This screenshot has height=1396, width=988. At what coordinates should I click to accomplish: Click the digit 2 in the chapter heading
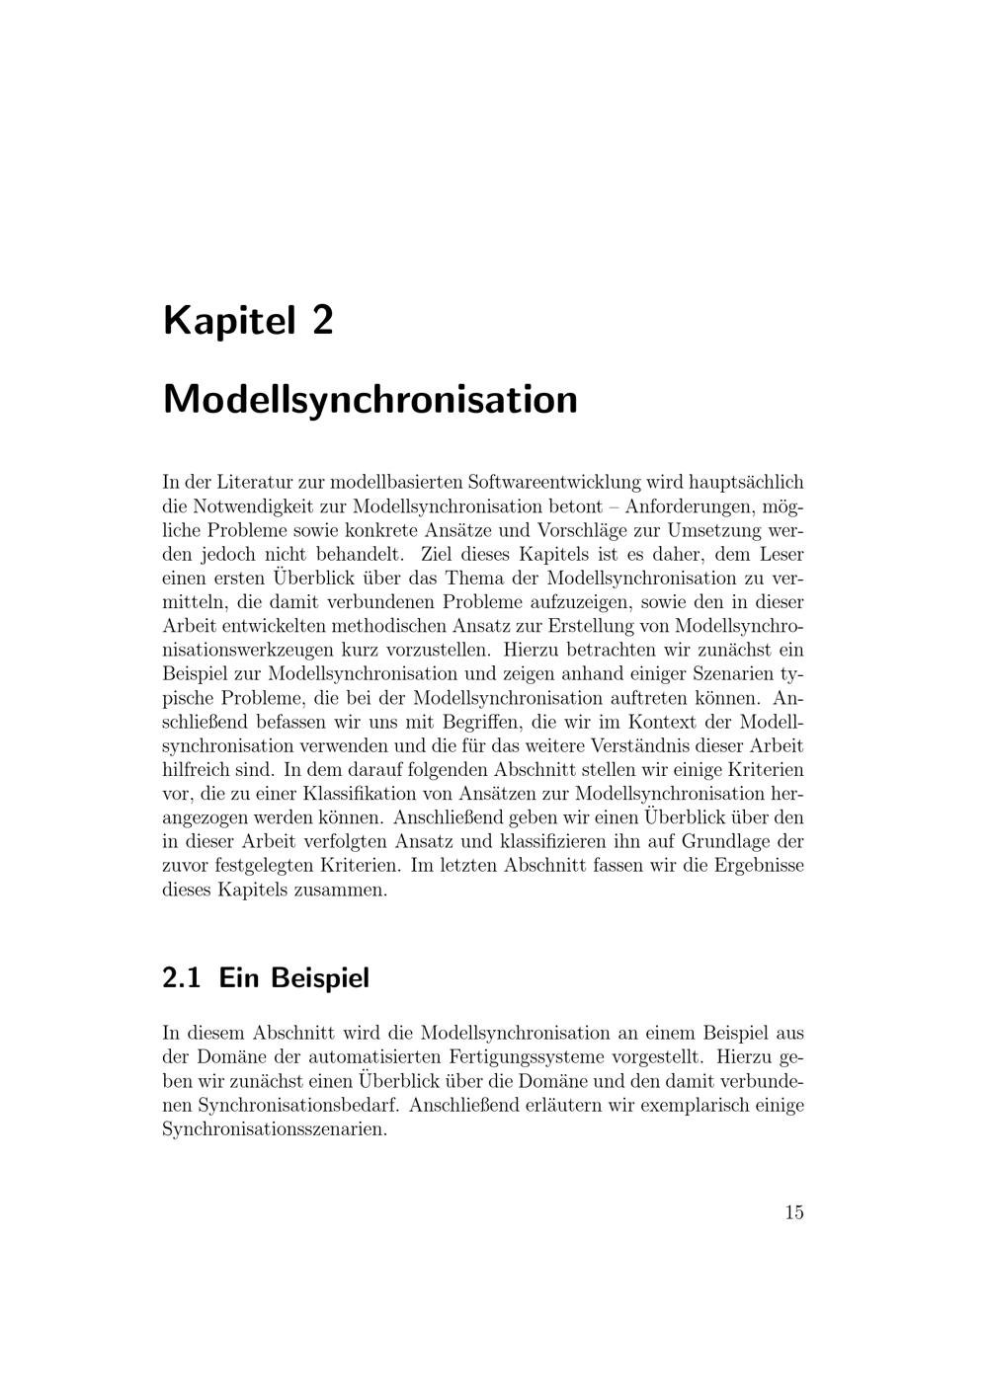322,322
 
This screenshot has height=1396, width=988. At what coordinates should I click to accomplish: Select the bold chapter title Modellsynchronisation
370,400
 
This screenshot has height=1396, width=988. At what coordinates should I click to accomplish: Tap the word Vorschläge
584,530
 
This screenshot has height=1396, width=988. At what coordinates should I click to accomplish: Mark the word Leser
781,554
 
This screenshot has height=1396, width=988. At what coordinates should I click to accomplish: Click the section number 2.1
182,978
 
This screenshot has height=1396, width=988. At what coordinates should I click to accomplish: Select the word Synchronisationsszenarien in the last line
272,1128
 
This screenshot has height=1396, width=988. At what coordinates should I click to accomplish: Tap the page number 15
794,1213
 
